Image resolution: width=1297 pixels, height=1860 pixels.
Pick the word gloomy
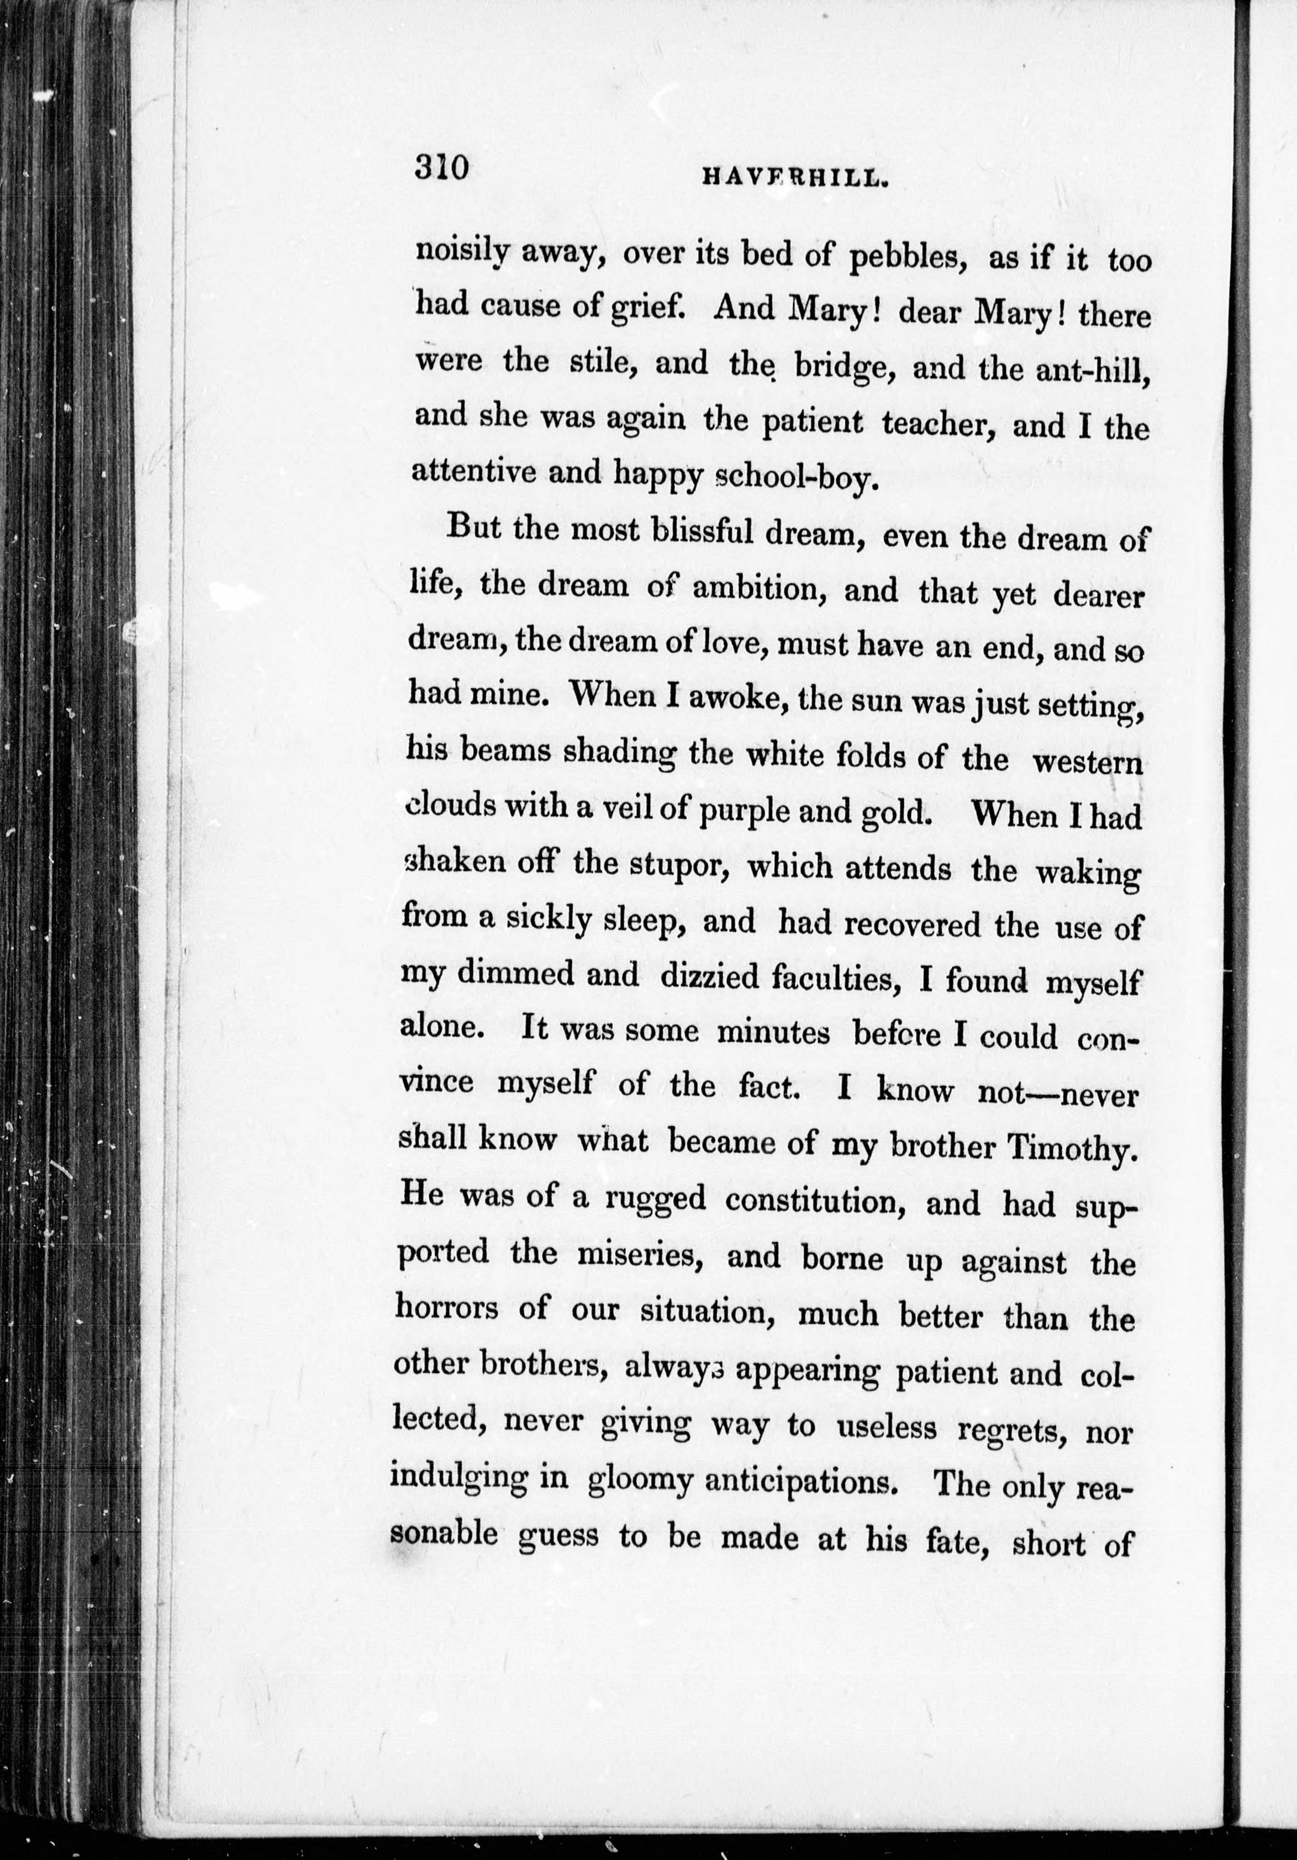[640, 1479]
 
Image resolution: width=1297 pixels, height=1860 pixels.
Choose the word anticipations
[802, 1481]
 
